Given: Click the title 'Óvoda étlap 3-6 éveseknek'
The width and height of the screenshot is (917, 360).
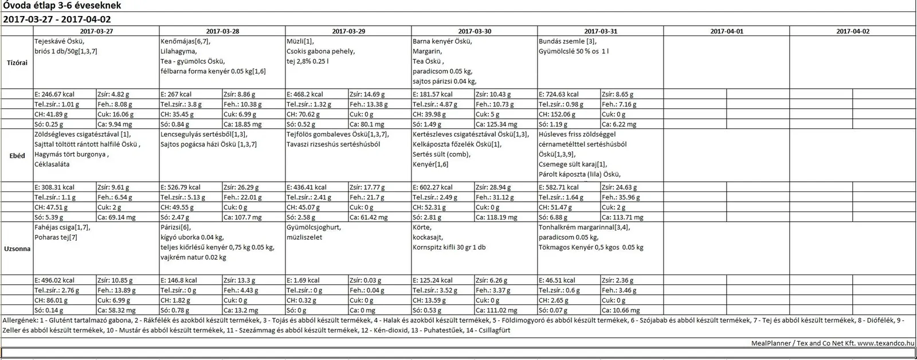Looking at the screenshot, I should tap(62, 6).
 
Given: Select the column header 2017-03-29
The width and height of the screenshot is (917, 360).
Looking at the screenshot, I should tap(348, 32).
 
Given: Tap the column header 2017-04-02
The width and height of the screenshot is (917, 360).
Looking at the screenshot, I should tap(852, 32).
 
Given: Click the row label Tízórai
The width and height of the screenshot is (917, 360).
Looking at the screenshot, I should tap(17, 62).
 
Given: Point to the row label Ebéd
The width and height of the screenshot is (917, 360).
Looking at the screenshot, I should tap(17, 155).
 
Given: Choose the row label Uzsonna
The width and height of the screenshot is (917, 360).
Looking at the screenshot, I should tap(17, 249).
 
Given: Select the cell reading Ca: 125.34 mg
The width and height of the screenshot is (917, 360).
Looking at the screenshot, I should tap(496, 124).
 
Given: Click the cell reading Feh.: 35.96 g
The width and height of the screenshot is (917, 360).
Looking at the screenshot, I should tap(621, 197).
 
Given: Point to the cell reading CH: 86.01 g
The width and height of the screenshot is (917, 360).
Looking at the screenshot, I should tap(51, 300).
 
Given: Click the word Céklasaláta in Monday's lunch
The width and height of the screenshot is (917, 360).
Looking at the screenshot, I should tap(52, 165).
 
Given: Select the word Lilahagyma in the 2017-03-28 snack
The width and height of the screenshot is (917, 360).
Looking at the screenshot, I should tap(178, 52).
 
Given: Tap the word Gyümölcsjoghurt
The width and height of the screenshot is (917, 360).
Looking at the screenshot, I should tap(313, 228).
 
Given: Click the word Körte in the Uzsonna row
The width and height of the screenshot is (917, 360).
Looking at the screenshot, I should tap(422, 228).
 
